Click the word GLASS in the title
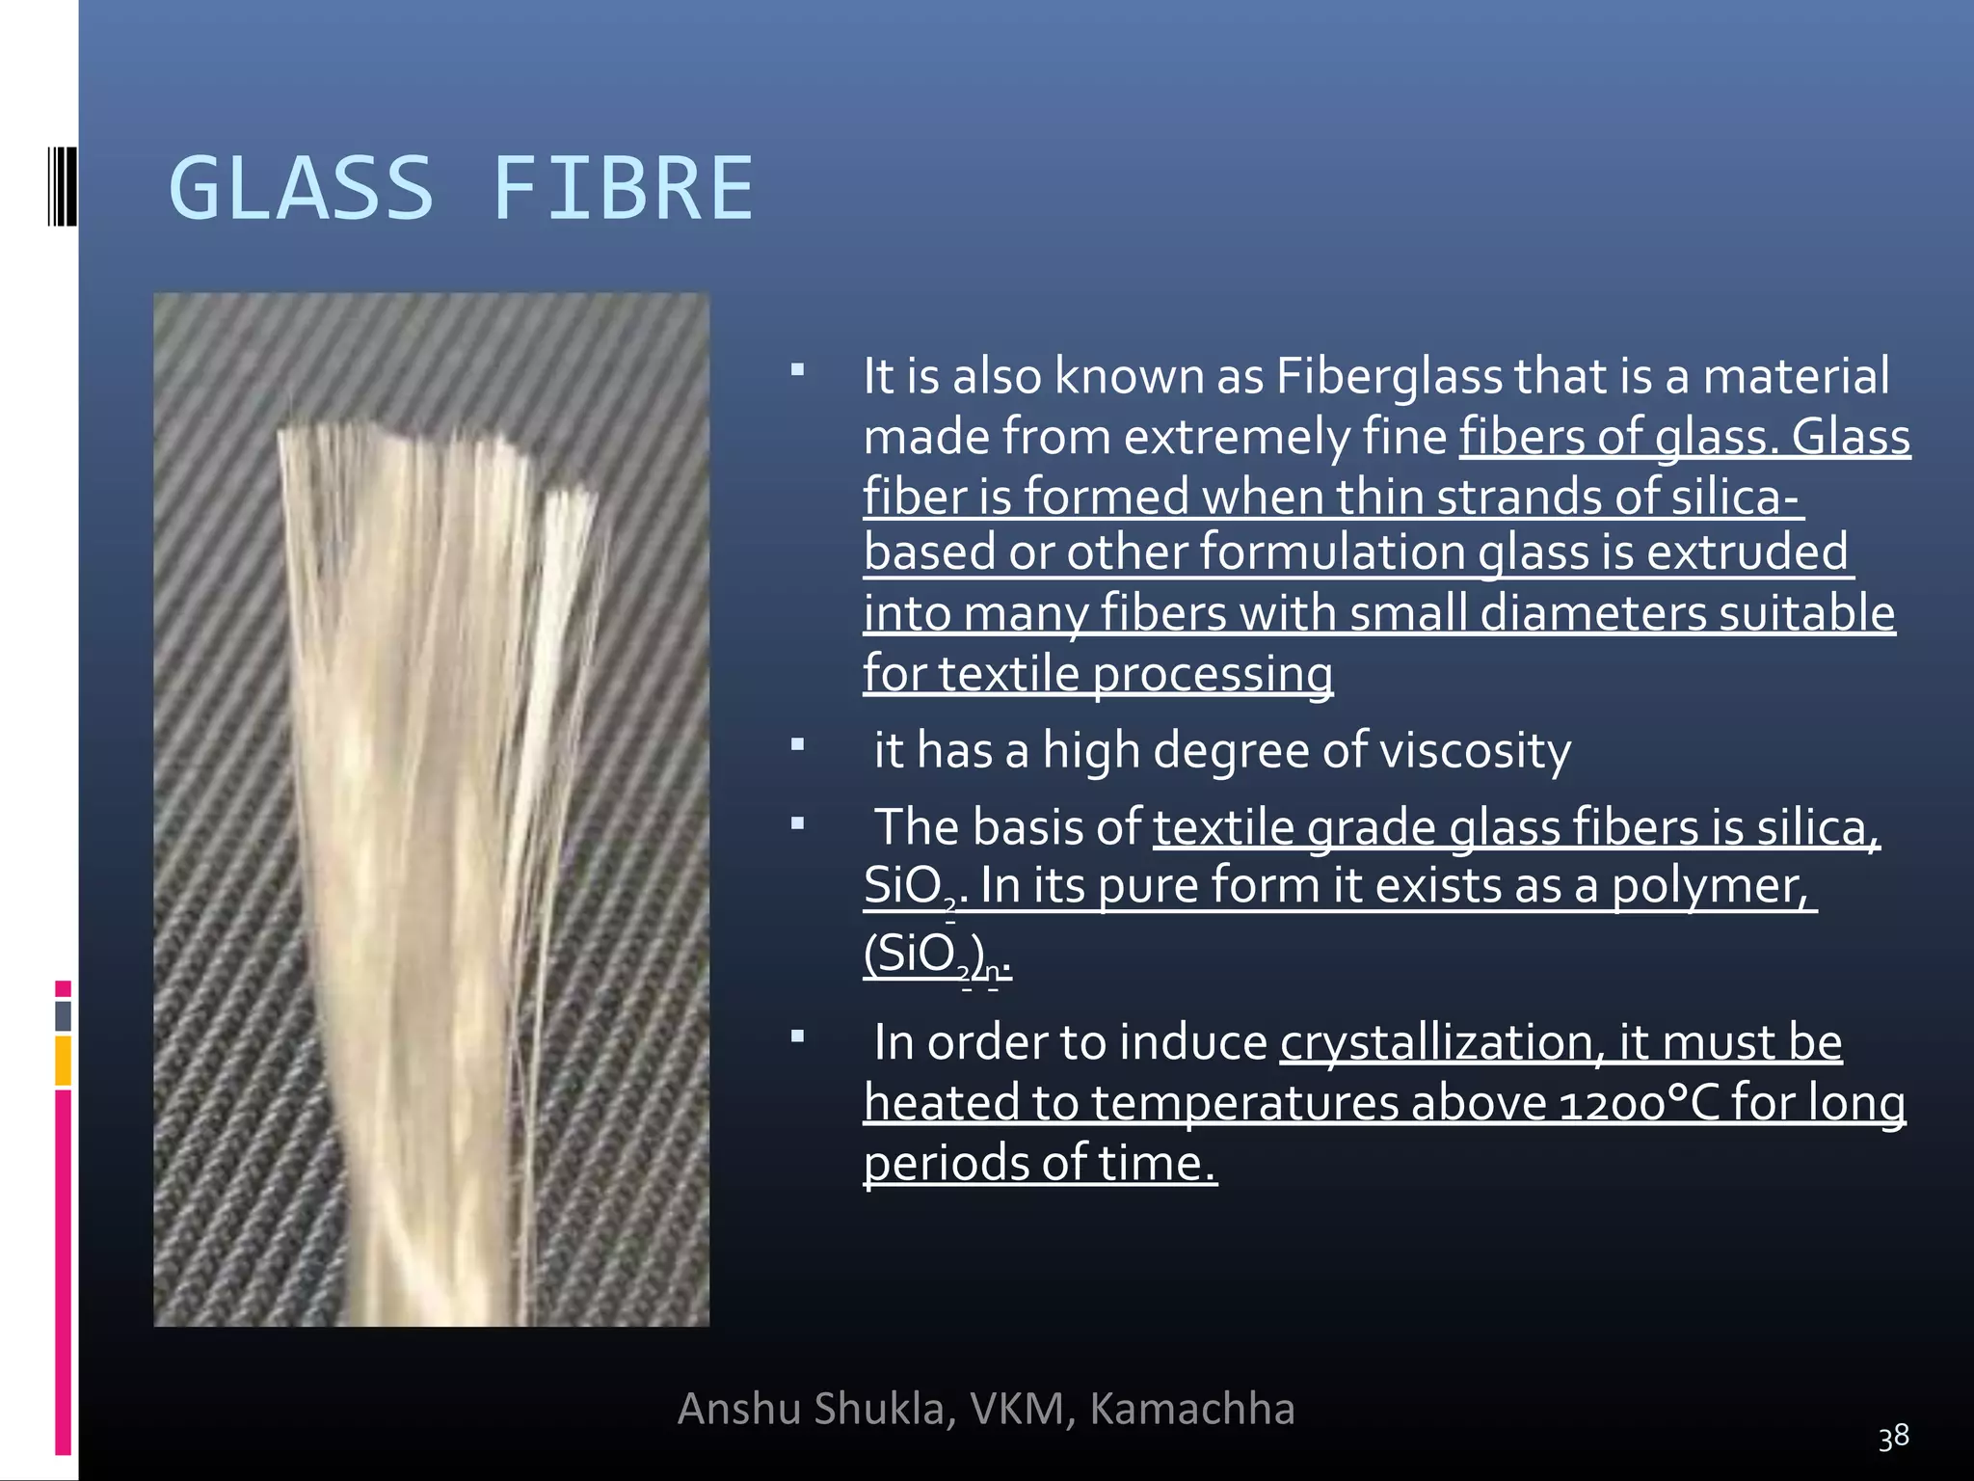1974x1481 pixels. (301, 189)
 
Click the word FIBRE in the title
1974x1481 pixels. (623, 189)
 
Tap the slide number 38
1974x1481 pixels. (1893, 1437)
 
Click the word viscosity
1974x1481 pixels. (1476, 751)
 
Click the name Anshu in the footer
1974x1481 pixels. (739, 1409)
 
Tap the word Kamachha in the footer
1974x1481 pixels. (1192, 1409)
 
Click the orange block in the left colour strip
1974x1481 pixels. (63, 1060)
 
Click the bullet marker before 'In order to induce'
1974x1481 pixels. (797, 1037)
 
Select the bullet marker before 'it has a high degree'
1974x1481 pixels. (797, 745)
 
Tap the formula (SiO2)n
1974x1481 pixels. (936, 956)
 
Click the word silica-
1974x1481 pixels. (1735, 498)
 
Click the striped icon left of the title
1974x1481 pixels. (62, 185)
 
